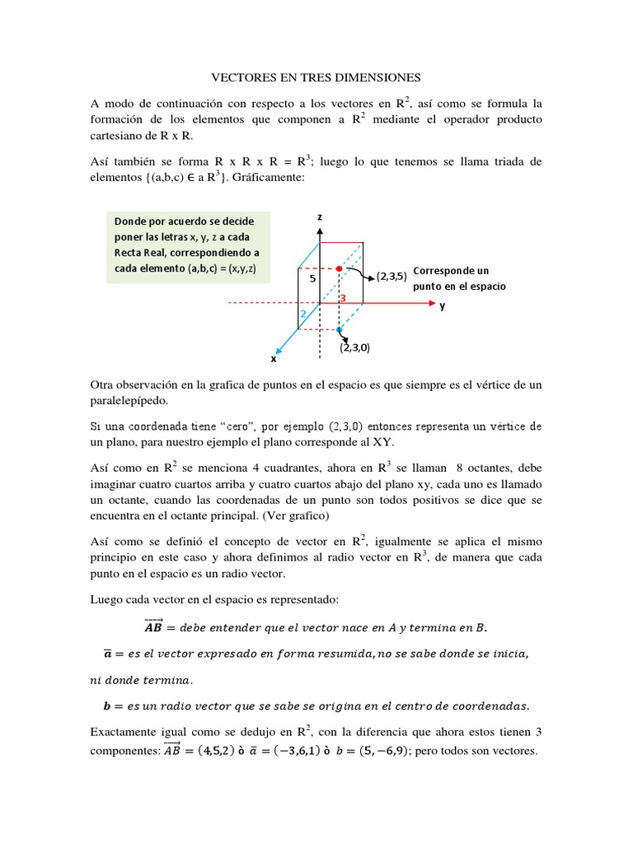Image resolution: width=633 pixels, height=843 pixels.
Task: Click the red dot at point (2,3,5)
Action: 339,268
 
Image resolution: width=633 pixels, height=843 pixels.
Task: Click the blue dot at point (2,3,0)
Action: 339,329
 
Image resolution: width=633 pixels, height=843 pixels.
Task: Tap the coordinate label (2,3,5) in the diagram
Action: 392,277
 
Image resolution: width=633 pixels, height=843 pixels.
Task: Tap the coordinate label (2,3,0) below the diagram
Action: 354,347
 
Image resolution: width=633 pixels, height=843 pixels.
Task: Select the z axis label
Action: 319,216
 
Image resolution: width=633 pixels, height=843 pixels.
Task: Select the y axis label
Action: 443,305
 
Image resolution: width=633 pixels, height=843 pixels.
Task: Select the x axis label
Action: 274,359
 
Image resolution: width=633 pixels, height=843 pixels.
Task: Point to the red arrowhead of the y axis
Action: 429,303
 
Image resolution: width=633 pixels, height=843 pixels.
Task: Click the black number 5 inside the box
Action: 312,280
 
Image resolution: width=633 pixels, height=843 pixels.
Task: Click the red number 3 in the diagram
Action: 342,296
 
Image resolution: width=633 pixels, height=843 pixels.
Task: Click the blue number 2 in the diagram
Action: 302,314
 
